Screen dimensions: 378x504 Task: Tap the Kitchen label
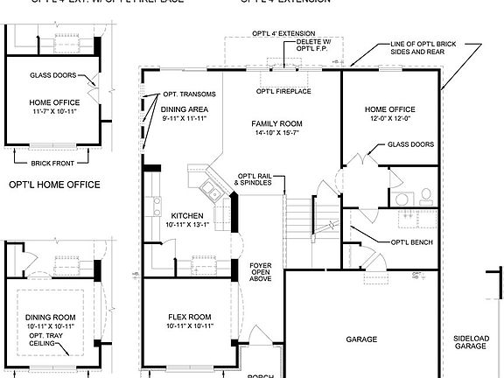[x=187, y=215]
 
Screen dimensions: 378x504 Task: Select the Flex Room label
[x=190, y=317]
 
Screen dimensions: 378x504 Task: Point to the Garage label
[x=360, y=339]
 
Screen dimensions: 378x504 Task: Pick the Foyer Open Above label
[x=261, y=271]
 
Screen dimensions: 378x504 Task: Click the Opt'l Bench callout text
[x=411, y=241]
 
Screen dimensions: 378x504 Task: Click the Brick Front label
[x=52, y=163]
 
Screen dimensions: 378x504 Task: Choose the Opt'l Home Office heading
[x=53, y=185]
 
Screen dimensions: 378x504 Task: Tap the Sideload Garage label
[x=470, y=342]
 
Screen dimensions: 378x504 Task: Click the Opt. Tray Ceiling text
[x=52, y=339]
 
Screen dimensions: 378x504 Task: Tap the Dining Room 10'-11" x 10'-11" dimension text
[x=52, y=326]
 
